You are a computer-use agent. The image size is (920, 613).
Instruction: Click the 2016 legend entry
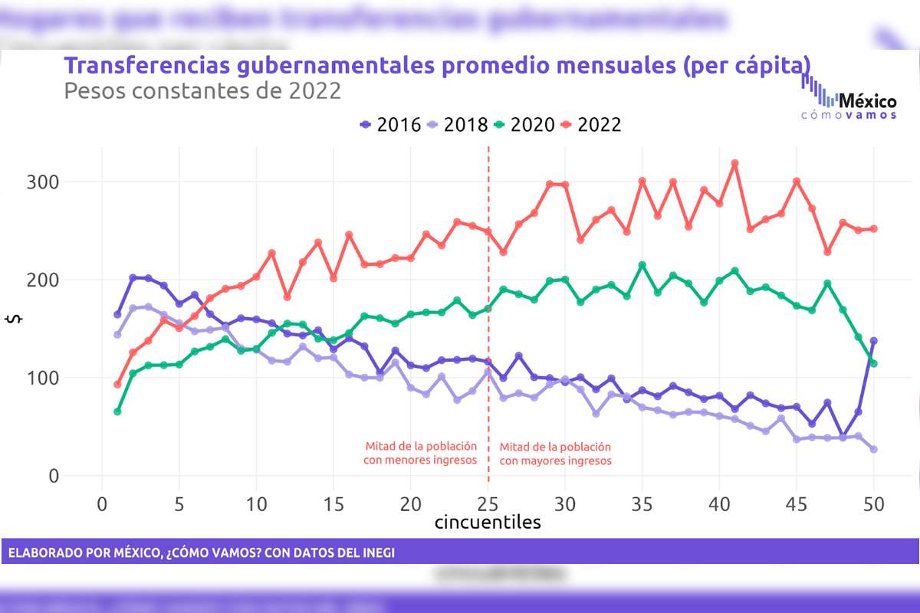click(x=390, y=124)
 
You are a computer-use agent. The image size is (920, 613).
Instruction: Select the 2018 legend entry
click(x=457, y=124)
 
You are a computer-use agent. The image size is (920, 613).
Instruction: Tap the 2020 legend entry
click(x=524, y=124)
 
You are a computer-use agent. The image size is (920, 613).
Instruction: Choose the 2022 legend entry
click(x=590, y=124)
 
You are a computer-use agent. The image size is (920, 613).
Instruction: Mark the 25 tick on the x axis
click(x=488, y=504)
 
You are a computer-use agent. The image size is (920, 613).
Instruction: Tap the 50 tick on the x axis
click(x=874, y=504)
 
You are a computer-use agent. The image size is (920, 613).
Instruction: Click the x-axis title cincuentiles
click(x=488, y=523)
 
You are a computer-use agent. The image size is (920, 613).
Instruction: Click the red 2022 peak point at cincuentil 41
click(x=734, y=163)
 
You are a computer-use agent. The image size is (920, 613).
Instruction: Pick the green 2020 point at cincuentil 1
click(x=117, y=411)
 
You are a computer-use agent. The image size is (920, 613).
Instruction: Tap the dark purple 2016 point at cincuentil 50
click(x=874, y=340)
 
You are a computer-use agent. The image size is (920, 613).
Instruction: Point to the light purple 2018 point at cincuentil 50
click(x=874, y=449)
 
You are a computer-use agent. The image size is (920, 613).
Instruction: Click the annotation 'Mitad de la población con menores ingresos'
click(x=420, y=453)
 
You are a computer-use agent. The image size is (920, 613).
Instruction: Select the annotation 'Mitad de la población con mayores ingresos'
click(x=555, y=453)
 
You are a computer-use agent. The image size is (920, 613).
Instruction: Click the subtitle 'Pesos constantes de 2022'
click(x=202, y=91)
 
